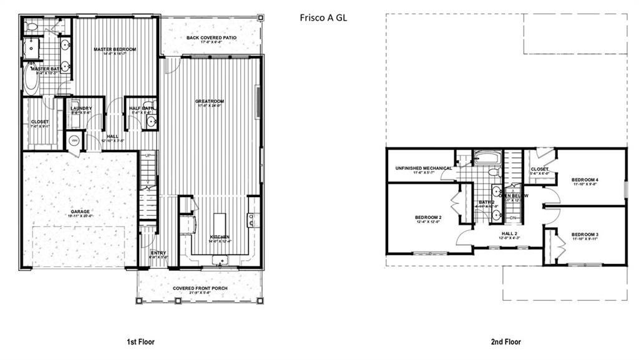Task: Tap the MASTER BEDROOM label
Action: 115,49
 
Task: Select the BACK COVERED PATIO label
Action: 211,37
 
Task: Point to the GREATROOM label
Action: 210,101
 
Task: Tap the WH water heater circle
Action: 74,140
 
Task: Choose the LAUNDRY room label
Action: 81,109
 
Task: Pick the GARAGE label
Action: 80,212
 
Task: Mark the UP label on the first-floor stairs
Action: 148,155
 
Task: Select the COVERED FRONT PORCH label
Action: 200,288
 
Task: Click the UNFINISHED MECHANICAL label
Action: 423,168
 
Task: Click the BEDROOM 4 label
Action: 585,180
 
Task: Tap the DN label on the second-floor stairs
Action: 513,217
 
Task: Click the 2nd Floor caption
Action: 506,341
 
